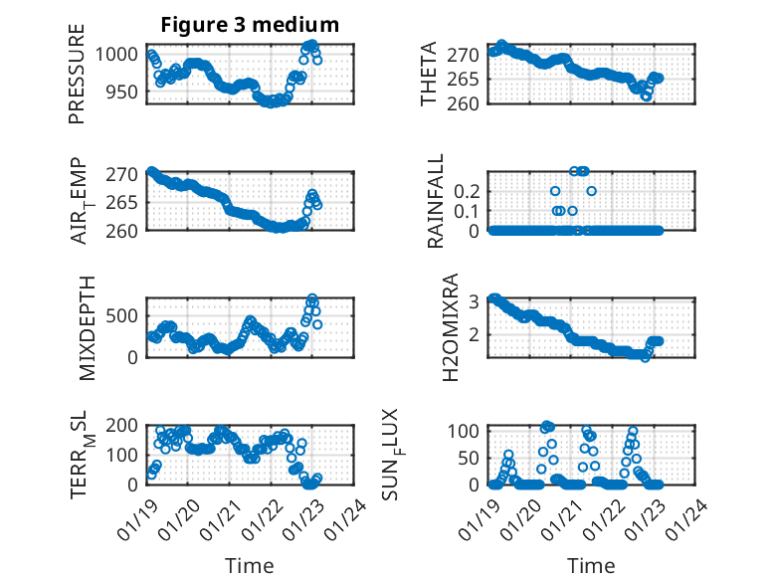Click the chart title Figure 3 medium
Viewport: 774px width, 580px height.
pyautogui.click(x=250, y=24)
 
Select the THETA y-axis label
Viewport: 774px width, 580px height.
pyautogui.click(x=429, y=74)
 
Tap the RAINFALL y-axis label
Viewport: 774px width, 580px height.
pyautogui.click(x=436, y=202)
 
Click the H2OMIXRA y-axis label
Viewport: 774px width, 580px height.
pyautogui.click(x=450, y=326)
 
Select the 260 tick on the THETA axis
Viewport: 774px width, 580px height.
pyautogui.click(x=469, y=102)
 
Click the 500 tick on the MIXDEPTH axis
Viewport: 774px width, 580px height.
pyautogui.click(x=125, y=315)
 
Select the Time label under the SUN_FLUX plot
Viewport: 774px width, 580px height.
pyautogui.click(x=590, y=565)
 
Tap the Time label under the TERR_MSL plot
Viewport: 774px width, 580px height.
pyautogui.click(x=249, y=565)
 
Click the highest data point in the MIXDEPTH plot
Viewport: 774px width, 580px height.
pyautogui.click(x=312, y=298)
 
